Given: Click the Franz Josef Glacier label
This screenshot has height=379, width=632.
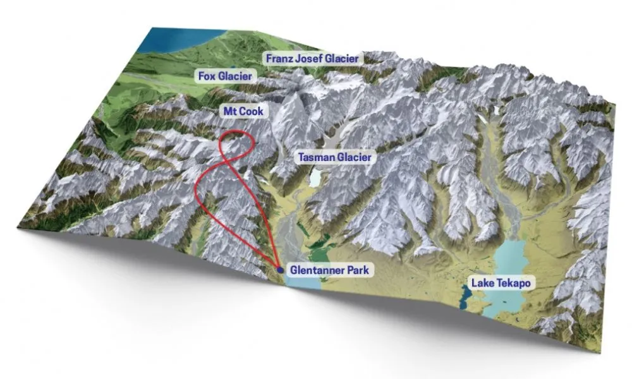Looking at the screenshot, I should [312, 59].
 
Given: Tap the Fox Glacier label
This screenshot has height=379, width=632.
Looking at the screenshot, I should [226, 76].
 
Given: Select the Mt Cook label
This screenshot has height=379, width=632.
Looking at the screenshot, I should [243, 111].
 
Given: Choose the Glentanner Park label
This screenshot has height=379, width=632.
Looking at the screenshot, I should [329, 270].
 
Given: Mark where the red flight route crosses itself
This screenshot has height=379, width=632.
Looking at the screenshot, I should [235, 157].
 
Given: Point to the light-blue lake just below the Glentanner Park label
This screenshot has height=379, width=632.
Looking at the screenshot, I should [303, 282].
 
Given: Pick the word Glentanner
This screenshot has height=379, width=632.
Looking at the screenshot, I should [315, 270].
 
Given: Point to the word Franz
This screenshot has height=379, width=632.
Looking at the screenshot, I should [278, 59].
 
